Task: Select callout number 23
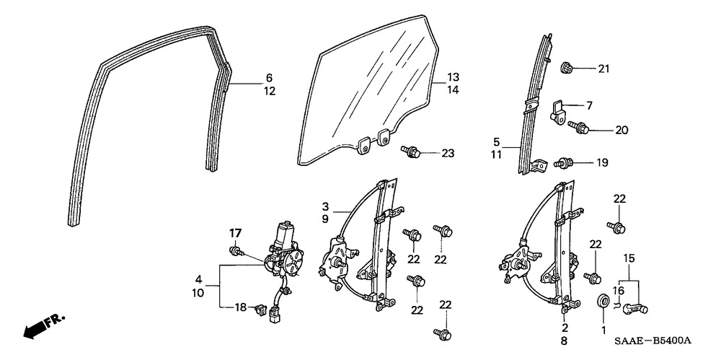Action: click(x=448, y=152)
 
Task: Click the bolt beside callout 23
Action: click(x=410, y=151)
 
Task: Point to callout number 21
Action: click(x=603, y=69)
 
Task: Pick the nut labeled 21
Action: click(x=566, y=69)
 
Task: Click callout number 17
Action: click(x=234, y=233)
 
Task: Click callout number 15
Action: click(x=629, y=258)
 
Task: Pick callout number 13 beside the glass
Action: click(x=452, y=77)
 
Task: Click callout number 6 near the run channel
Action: click(x=269, y=77)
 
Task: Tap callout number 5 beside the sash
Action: click(x=516, y=141)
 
